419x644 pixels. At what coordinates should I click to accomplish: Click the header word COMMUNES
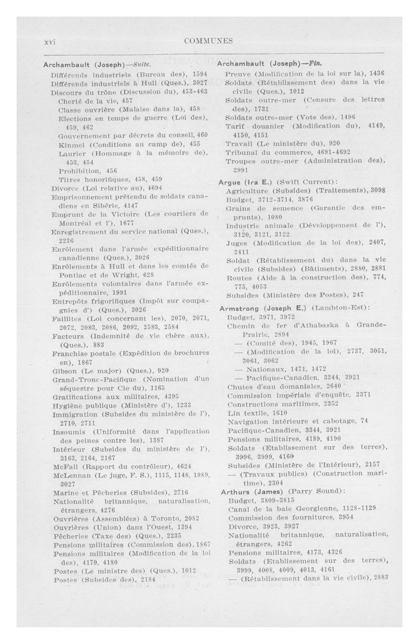[208, 41]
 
